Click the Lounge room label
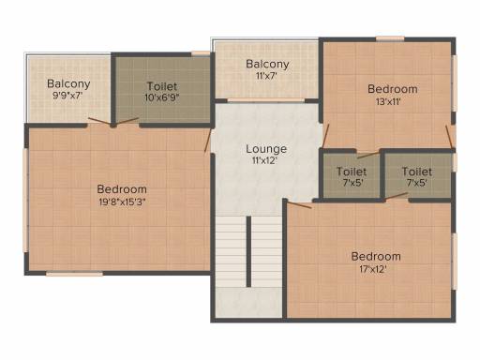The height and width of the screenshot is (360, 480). click(266, 149)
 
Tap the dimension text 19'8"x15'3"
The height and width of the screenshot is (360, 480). click(122, 202)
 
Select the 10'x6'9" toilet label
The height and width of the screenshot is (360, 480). click(161, 97)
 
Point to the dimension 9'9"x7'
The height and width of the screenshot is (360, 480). click(67, 96)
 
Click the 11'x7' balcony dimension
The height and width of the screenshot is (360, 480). click(266, 76)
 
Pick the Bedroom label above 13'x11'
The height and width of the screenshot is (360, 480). click(393, 89)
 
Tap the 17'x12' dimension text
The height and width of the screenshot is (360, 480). click(373, 269)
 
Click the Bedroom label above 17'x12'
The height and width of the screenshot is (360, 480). click(376, 257)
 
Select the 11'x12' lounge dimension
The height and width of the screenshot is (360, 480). click(265, 160)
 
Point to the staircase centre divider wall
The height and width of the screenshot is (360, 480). click(248, 251)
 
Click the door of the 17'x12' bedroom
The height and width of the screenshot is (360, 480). click(299, 205)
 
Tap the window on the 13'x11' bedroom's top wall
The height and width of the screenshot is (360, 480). click(390, 38)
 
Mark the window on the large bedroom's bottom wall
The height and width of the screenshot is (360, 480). click(74, 274)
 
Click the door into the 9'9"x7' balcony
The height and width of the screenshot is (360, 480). click(99, 122)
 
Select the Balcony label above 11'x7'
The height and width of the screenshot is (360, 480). click(267, 64)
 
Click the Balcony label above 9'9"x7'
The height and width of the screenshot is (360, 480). click(68, 83)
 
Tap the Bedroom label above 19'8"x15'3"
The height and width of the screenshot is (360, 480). click(122, 189)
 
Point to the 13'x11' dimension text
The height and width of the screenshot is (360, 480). click(388, 101)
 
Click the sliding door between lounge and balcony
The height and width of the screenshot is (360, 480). click(266, 100)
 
